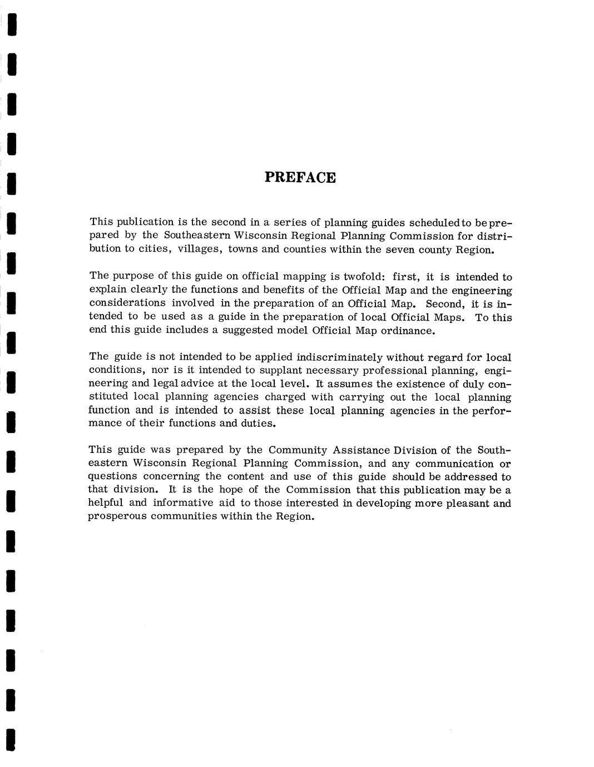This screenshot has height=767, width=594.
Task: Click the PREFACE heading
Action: point(300,177)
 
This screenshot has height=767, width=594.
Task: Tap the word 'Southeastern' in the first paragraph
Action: point(197,235)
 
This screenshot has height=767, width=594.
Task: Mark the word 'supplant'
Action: point(264,370)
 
